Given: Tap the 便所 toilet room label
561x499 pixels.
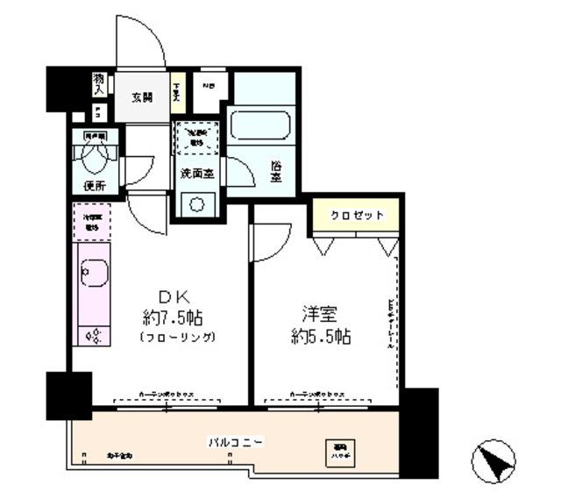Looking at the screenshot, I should tap(96, 186).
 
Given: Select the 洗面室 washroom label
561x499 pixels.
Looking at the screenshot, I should tap(198, 173).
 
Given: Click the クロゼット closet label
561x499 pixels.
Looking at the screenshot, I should tap(357, 216).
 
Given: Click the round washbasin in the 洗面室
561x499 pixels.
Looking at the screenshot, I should tap(197, 203).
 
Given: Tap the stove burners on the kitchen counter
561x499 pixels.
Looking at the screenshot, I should tap(91, 333).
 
